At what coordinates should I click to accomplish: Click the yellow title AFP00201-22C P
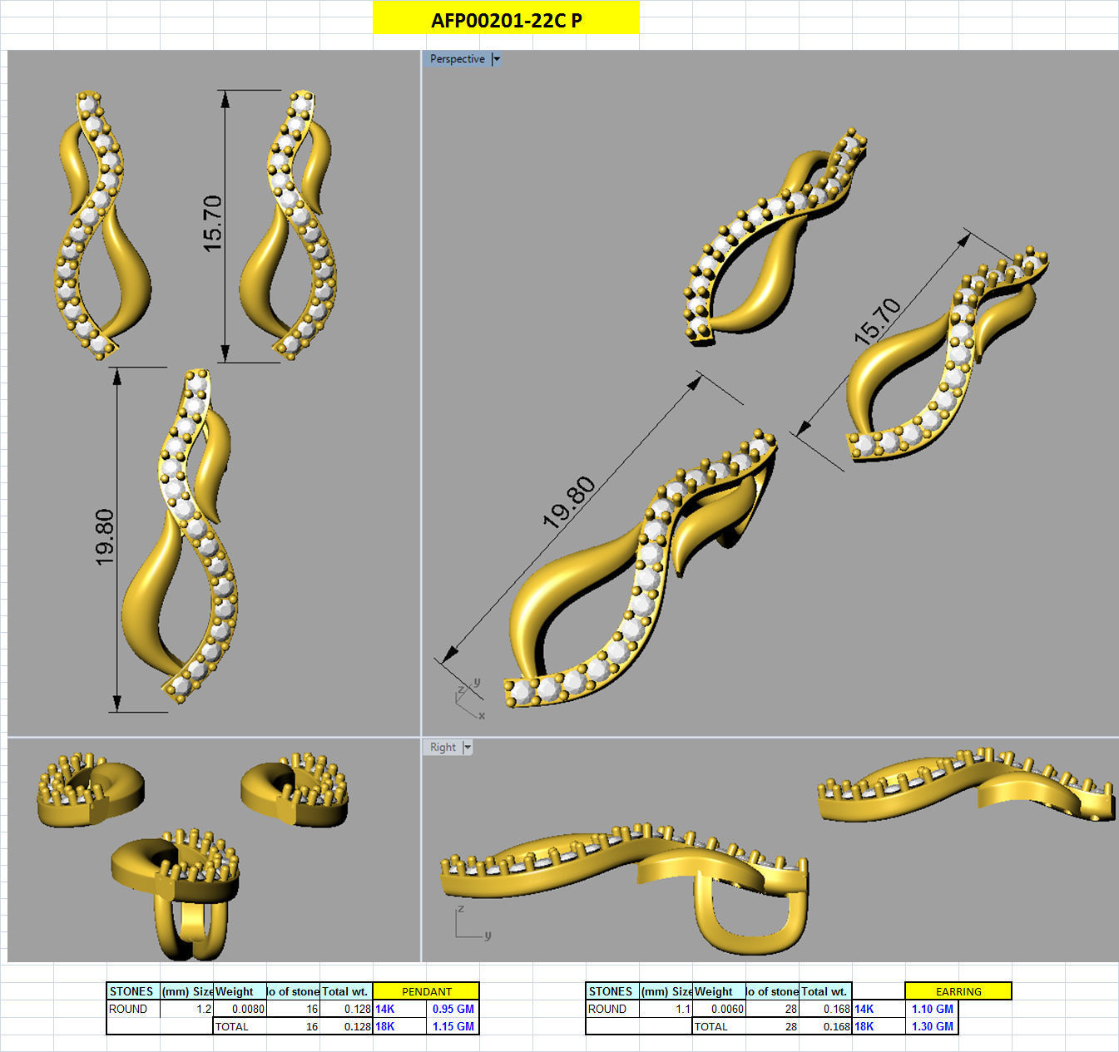tap(506, 20)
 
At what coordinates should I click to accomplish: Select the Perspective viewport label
tap(457, 59)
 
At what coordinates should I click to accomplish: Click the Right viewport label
tap(443, 748)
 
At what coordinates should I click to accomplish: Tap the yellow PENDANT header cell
tap(426, 991)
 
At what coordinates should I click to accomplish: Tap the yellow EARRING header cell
tap(958, 991)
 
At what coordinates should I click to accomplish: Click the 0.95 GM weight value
tap(453, 1009)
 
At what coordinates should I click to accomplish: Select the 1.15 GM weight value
tap(453, 1026)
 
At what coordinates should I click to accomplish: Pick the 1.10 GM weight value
tap(932, 1009)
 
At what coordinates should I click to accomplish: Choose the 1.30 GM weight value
tap(932, 1026)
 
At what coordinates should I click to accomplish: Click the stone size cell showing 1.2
tap(187, 1009)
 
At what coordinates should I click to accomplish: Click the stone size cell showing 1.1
tap(666, 1009)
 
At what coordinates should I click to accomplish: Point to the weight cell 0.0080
tap(240, 1009)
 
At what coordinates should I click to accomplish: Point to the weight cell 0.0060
tap(719, 1009)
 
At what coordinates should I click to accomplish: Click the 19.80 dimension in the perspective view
tap(569, 502)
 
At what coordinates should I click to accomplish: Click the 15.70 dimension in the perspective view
tap(877, 321)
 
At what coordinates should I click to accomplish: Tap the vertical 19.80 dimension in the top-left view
tap(105, 537)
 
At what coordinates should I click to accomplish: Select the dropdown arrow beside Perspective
tap(497, 59)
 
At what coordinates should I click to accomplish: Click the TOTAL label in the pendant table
tap(232, 1026)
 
